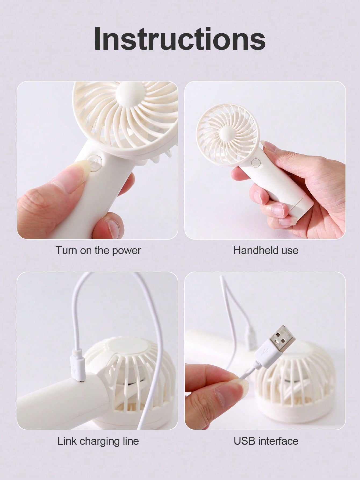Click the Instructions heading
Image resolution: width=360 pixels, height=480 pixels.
point(180,39)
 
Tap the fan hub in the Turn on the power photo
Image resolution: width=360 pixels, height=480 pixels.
point(128,94)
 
